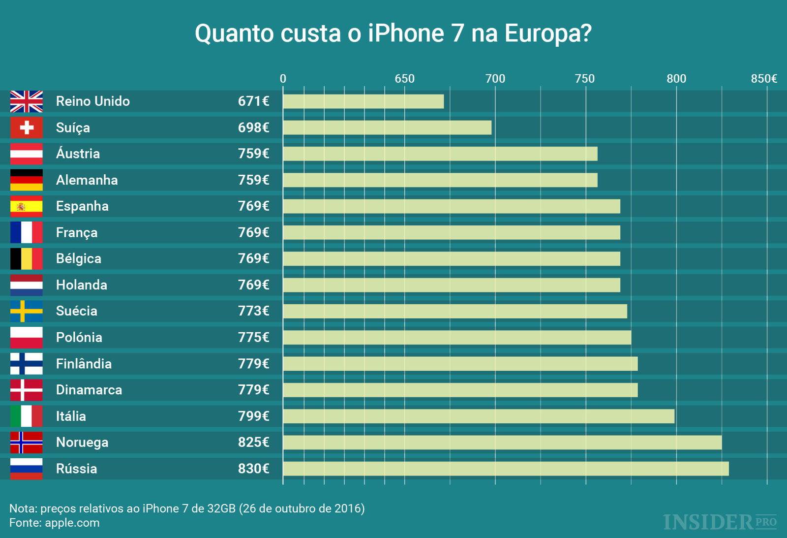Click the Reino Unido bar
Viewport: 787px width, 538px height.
tap(363, 101)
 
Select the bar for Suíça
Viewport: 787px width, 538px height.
tap(387, 127)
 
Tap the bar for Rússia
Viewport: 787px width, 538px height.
tap(506, 469)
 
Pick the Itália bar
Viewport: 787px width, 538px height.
tap(479, 416)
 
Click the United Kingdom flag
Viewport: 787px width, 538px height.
tap(27, 101)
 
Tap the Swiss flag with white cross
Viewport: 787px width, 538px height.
tap(27, 127)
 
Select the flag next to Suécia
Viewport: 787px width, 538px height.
tap(27, 311)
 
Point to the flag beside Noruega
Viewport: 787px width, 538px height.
tap(27, 443)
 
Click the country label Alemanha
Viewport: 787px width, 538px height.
tap(87, 180)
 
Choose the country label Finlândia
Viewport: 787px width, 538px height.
tap(84, 364)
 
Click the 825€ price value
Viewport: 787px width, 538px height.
tap(253, 443)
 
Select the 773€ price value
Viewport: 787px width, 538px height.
tap(253, 311)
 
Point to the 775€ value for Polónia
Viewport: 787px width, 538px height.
tap(253, 338)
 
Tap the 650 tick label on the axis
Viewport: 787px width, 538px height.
tap(404, 79)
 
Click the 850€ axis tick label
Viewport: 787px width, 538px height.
tap(764, 79)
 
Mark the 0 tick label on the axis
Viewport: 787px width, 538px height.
tap(283, 79)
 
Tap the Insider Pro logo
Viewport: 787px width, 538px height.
tap(720, 522)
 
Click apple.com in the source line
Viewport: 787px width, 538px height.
tap(72, 523)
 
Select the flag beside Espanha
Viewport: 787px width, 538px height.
tap(27, 206)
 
